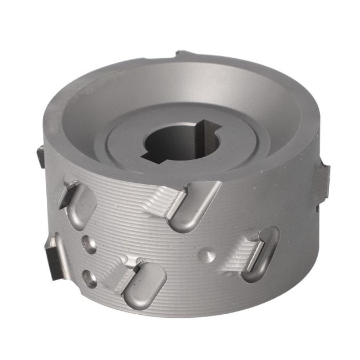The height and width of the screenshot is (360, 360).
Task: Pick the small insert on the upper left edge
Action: (x=40, y=155)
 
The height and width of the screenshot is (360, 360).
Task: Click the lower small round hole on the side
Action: (x=90, y=278)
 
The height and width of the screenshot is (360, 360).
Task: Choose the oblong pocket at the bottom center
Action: (x=146, y=285)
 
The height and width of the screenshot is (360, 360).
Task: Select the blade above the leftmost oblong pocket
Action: (x=70, y=190)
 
